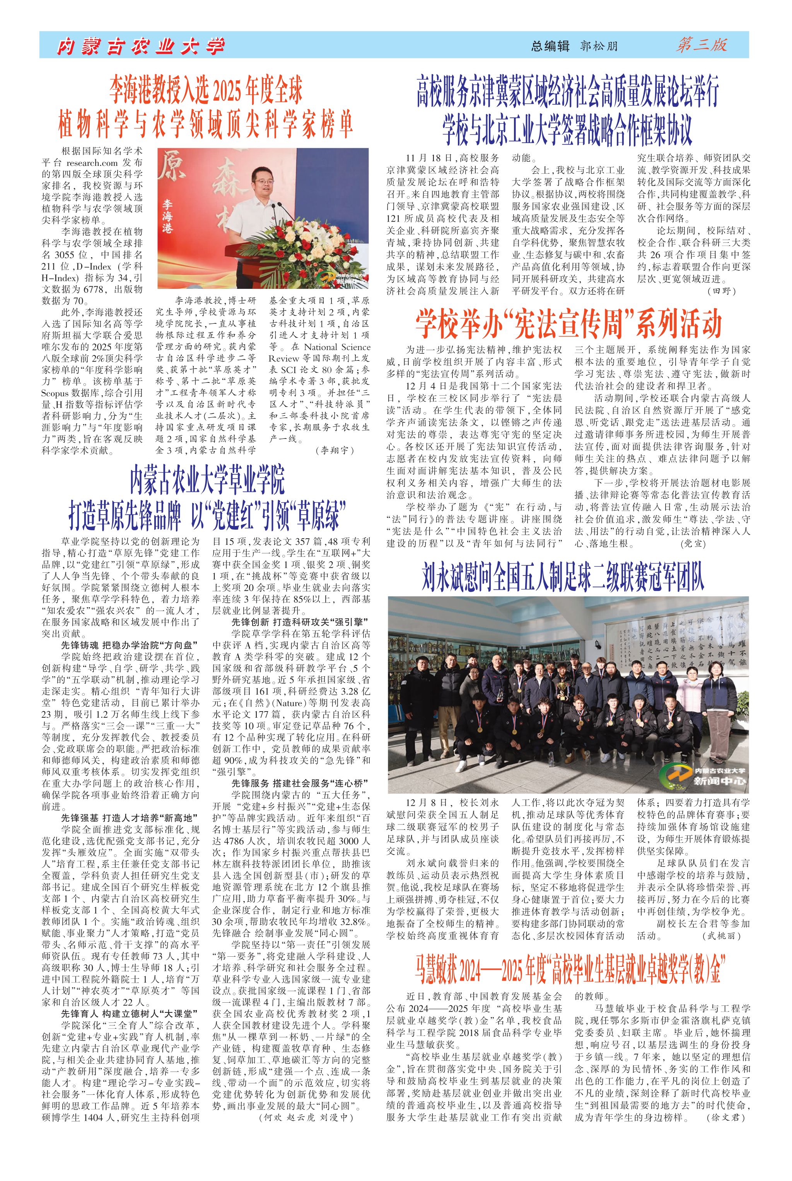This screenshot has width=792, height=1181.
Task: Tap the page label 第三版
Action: coord(702,45)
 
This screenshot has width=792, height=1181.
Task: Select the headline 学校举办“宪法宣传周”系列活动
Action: coord(568,325)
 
